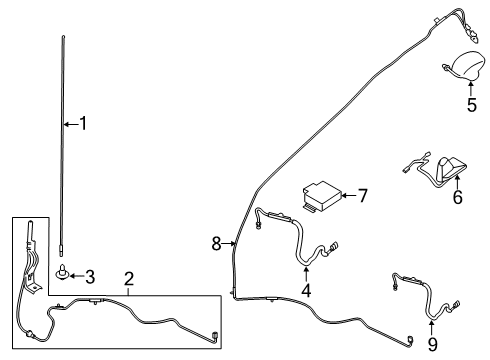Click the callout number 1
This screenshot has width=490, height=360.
[x=84, y=124]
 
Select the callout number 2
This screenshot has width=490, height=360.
[x=129, y=278]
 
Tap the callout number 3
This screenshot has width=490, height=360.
[x=89, y=275]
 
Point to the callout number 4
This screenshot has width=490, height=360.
[x=307, y=291]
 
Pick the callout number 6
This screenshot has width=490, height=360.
[x=459, y=199]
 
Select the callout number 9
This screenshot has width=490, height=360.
[x=433, y=345]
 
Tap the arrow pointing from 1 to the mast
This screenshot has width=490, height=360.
[x=69, y=124]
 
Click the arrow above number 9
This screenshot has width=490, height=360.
[x=433, y=326]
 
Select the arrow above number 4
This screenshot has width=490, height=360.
[x=307, y=272]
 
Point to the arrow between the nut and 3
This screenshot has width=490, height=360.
[x=76, y=274]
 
